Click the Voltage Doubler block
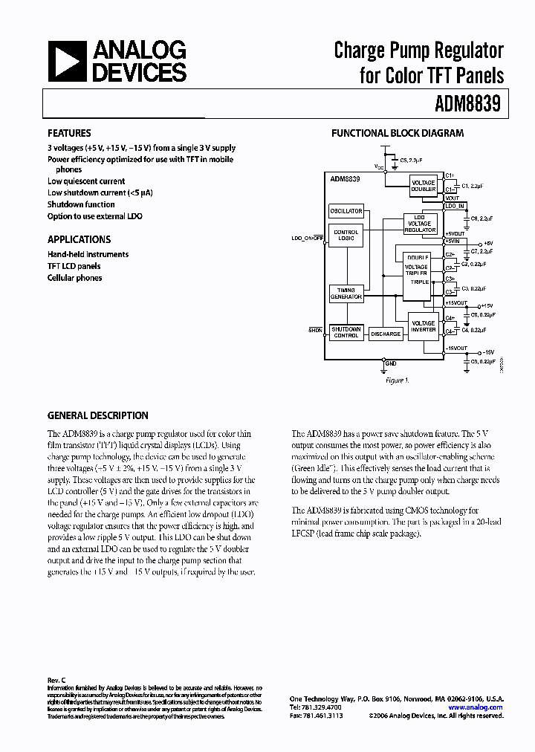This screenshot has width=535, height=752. click(424, 185)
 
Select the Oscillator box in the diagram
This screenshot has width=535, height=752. click(346, 211)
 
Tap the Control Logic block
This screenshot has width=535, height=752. click(346, 236)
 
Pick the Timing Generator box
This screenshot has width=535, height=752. click(346, 293)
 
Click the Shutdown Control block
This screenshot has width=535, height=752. click(346, 332)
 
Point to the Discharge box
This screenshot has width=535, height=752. click(385, 334)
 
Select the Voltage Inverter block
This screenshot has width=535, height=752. click(424, 327)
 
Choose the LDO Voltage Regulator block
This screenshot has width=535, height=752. click(420, 223)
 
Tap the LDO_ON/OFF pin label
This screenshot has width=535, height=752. click(308, 239)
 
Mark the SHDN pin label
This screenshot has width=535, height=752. click(316, 328)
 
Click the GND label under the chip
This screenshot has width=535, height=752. click(392, 363)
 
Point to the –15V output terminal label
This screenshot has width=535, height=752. click(487, 351)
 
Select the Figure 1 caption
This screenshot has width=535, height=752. click(397, 380)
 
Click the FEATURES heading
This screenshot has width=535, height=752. click(69, 133)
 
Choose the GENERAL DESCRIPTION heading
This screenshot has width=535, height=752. click(97, 415)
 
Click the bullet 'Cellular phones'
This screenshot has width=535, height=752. click(74, 278)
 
